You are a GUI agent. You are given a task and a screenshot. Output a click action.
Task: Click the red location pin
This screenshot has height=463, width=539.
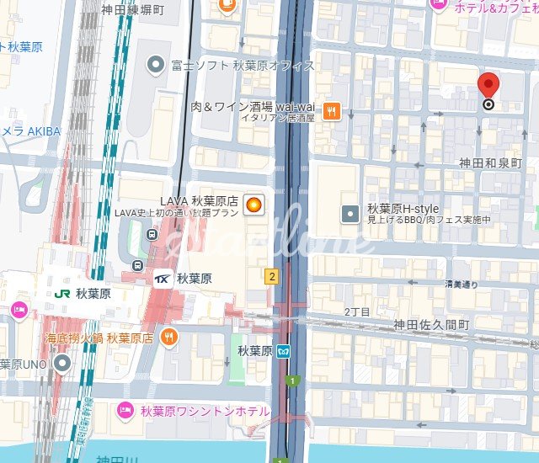(x=488, y=88)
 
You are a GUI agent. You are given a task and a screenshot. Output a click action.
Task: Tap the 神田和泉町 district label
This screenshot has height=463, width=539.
(x=490, y=162)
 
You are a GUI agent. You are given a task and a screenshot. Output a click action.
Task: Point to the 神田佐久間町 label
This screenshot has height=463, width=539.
(x=431, y=324)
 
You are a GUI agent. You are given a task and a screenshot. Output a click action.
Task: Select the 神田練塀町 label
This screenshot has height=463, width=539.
(x=132, y=10)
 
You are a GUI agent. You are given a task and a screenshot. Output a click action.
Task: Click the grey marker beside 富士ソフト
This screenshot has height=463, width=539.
(x=155, y=64)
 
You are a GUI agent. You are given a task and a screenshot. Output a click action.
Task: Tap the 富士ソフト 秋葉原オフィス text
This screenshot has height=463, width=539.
(x=243, y=65)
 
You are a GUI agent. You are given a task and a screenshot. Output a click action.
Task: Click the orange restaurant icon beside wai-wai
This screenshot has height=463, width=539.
(x=333, y=110)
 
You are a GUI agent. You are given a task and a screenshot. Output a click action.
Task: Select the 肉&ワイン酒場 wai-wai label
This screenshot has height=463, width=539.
(x=253, y=107)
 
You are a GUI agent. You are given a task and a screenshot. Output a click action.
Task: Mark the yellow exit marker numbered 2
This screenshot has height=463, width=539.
(x=271, y=276)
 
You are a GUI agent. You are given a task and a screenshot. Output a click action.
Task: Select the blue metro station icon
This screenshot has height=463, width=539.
(x=286, y=351)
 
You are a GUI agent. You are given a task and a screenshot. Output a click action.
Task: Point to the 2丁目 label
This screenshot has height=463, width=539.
(x=357, y=311)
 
